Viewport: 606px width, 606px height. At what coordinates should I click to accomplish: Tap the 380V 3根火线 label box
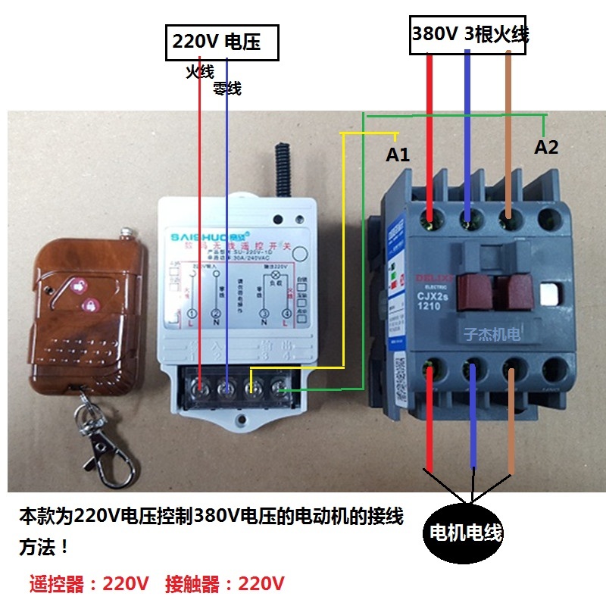[469, 34]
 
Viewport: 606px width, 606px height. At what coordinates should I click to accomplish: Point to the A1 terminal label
[398, 155]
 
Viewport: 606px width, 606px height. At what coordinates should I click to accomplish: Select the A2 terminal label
[546, 147]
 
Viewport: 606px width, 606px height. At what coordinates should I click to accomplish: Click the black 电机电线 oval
[466, 532]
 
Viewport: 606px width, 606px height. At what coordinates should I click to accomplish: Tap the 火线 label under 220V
[200, 71]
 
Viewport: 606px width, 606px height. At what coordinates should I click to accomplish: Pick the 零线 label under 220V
[226, 89]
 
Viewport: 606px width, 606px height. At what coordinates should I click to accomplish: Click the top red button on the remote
[78, 286]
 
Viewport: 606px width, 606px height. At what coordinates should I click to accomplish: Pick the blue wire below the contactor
[473, 417]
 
